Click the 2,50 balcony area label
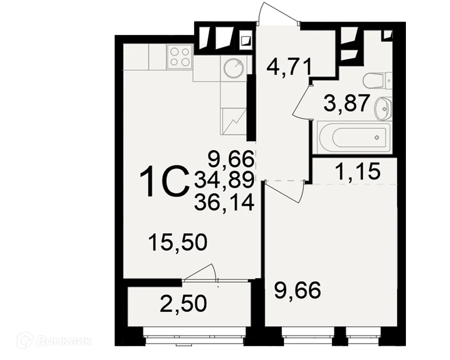tap(184, 304)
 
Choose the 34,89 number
tap(225, 180)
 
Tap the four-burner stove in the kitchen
tap(179, 57)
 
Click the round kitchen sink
tap(234, 68)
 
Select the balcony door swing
tap(201, 274)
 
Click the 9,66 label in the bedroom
tap(298, 290)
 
